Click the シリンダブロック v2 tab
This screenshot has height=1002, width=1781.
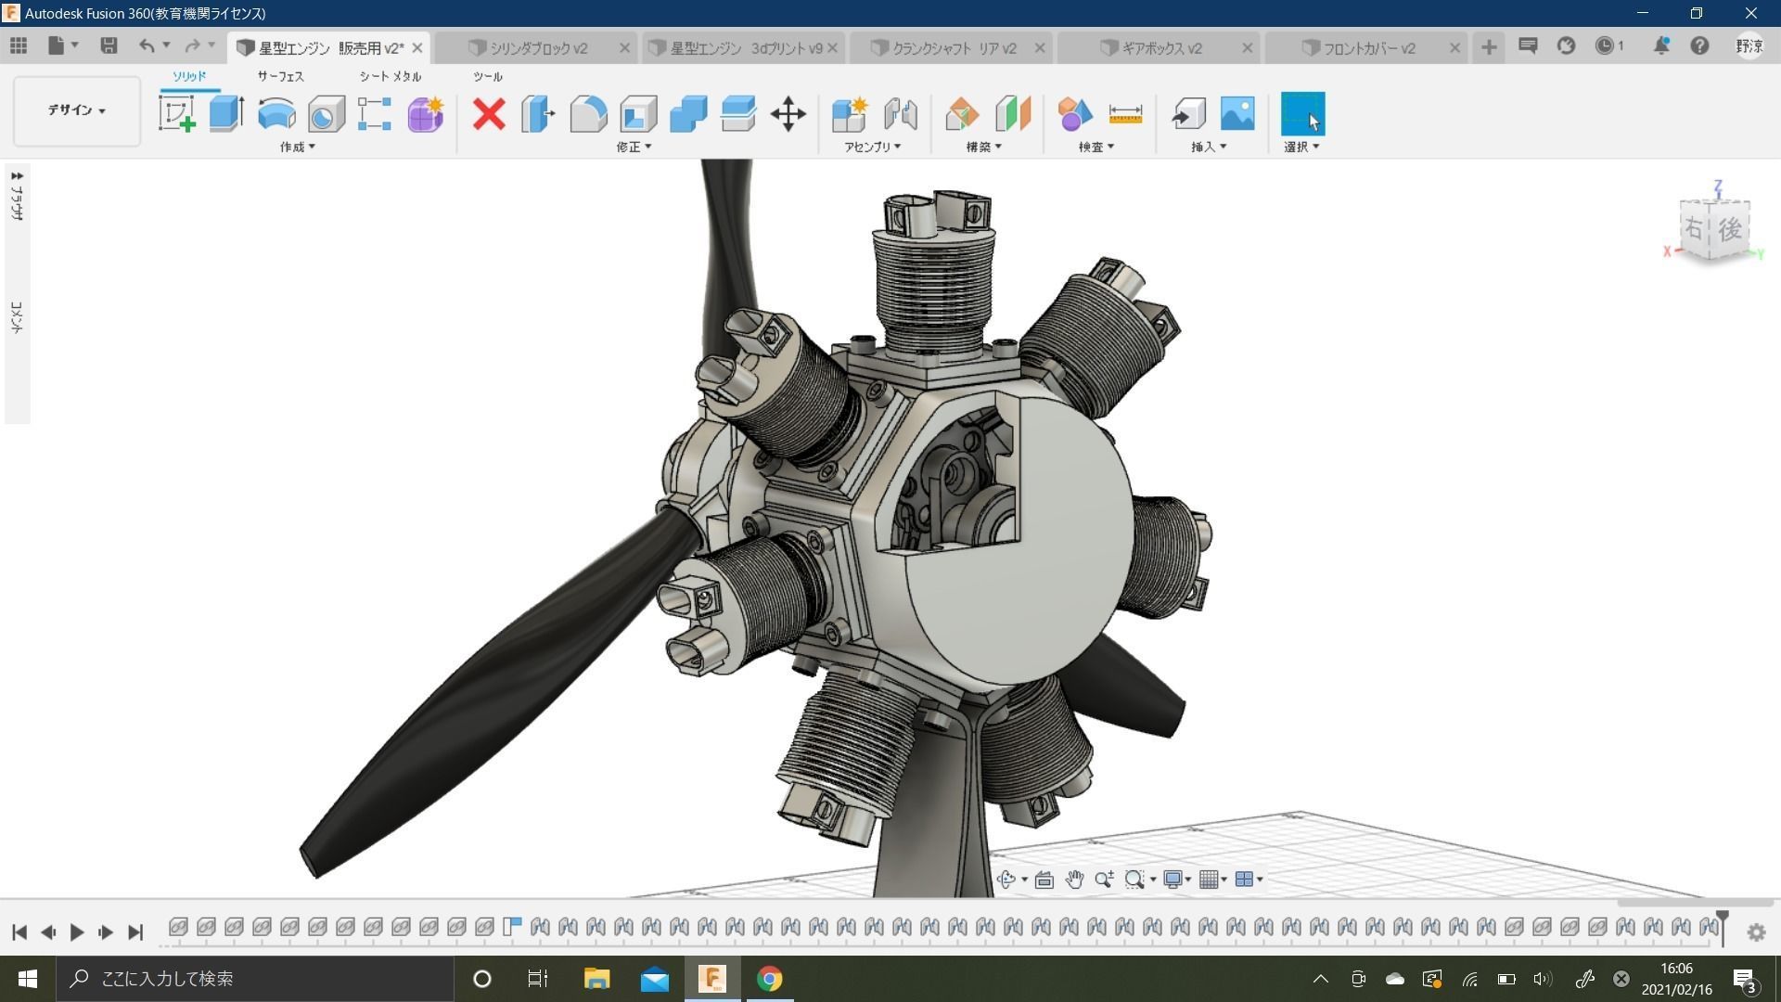pos(538,48)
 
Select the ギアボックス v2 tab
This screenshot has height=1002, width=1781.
pos(1161,48)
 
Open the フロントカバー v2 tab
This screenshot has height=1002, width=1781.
pos(1369,48)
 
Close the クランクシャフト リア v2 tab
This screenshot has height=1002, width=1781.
pos(1040,48)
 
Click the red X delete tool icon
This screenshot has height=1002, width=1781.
pos(489,114)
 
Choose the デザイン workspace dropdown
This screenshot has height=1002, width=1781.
pos(77,110)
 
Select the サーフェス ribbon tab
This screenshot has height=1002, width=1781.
pos(280,76)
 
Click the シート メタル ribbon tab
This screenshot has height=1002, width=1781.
pos(390,76)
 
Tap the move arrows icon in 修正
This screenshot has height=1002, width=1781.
pos(788,114)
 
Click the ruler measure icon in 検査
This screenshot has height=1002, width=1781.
pos(1125,114)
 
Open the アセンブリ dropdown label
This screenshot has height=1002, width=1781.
pos(872,147)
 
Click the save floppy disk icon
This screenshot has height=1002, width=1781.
pos(109,45)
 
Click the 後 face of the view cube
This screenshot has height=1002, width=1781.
pos(1730,229)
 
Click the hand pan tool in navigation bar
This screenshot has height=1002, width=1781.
pos(1074,880)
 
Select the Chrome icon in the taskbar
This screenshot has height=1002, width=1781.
pos(769,979)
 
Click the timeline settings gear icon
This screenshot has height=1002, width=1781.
pos(1756,932)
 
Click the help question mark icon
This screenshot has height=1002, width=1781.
pos(1699,45)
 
